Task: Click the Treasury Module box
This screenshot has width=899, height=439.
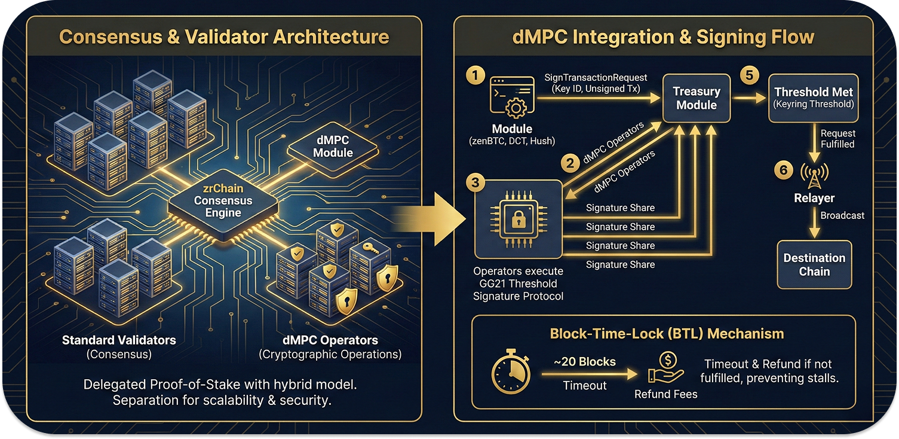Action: (696, 98)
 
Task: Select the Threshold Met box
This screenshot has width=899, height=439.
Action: (814, 98)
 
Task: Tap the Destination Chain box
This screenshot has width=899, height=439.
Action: (814, 264)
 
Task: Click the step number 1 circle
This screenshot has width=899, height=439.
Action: (475, 76)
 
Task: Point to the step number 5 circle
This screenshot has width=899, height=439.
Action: (749, 76)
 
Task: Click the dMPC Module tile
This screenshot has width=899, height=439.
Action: (333, 147)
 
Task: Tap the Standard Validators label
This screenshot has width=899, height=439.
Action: (119, 340)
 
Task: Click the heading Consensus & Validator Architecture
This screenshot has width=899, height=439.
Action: (224, 37)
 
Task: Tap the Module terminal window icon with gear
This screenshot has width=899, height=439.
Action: (512, 96)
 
